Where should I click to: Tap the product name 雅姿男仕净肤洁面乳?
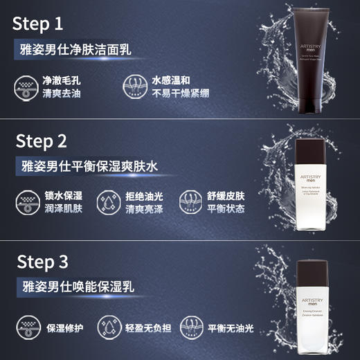click(75, 51)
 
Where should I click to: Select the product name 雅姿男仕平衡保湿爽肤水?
click(91, 167)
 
